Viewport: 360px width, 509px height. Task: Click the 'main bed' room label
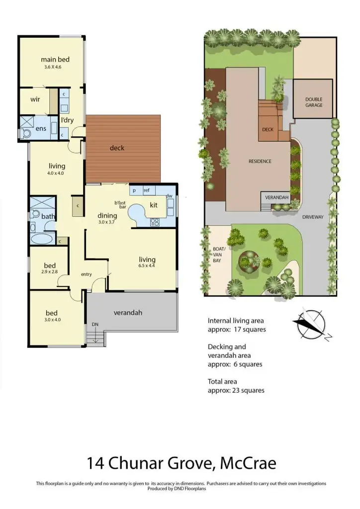tap(55, 60)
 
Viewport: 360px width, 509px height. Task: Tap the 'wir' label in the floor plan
tap(35, 99)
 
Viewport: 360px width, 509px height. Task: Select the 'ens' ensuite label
tap(40, 129)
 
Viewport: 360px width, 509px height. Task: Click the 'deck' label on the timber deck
tap(117, 148)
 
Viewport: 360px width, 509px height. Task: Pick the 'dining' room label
tap(107, 216)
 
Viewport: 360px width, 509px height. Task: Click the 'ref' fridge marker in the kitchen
tap(147, 190)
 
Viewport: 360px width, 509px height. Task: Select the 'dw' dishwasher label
tap(169, 196)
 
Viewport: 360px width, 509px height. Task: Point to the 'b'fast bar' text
tap(120, 204)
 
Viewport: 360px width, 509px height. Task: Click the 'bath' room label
tap(48, 216)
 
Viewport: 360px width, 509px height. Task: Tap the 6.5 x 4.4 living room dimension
tap(147, 266)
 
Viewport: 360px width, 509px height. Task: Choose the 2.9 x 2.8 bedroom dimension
tap(50, 272)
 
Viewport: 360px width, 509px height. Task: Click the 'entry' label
tap(87, 274)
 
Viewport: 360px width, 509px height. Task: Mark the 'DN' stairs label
tap(94, 325)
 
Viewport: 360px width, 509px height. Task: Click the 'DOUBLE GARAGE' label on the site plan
tap(314, 102)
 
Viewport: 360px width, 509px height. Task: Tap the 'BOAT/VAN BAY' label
tap(219, 252)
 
